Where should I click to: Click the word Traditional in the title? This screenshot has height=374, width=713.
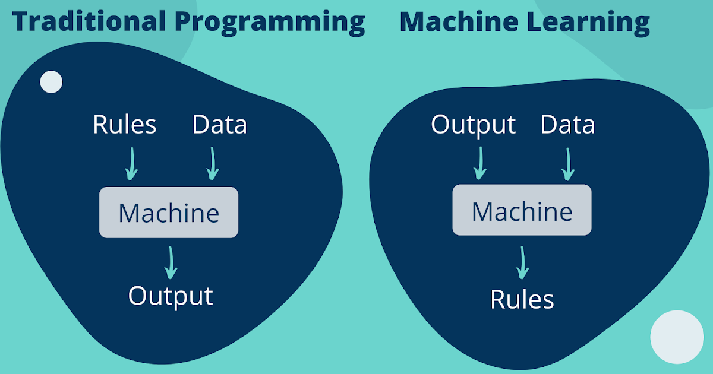(89, 22)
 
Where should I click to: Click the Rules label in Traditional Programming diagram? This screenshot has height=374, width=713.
(125, 125)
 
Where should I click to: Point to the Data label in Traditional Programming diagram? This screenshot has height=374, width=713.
(219, 125)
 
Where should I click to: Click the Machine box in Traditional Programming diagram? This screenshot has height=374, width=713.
(169, 213)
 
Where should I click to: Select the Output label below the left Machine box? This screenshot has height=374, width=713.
(171, 296)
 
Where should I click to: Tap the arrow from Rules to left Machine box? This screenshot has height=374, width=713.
(131, 163)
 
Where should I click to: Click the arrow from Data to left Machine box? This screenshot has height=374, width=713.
(212, 163)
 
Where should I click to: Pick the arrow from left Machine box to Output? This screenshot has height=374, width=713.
(171, 262)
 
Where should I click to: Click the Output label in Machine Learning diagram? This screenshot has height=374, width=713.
(474, 125)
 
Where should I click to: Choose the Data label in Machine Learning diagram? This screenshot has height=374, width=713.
(567, 125)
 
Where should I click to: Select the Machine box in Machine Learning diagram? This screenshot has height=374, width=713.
(522, 210)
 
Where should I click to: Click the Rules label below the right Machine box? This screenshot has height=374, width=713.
(522, 299)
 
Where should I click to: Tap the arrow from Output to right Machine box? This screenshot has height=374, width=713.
(480, 163)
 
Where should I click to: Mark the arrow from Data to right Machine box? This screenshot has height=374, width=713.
(568, 163)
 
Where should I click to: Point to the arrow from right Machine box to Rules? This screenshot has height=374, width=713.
(522, 262)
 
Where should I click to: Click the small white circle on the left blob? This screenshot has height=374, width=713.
(51, 82)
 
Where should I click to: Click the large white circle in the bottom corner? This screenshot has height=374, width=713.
(677, 337)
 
